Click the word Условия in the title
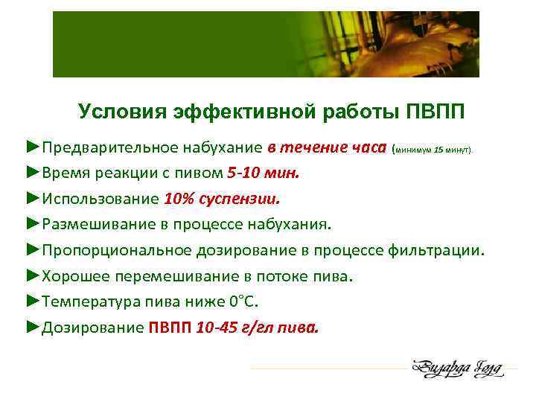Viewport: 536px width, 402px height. pos(122,112)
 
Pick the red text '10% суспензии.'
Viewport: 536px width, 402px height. pos(223,199)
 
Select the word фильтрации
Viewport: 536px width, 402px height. pos(435,250)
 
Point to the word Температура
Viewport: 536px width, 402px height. pos(89,301)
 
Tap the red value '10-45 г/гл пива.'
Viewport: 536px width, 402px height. pos(257,328)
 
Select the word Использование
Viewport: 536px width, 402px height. pos(100,199)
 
